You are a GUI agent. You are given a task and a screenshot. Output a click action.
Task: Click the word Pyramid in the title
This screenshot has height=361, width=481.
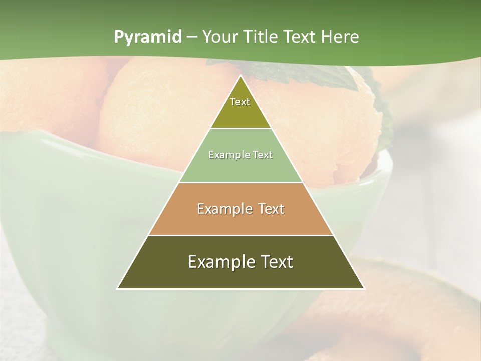click(147, 37)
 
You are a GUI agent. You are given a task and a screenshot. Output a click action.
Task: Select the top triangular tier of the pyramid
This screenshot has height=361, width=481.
click(241, 108)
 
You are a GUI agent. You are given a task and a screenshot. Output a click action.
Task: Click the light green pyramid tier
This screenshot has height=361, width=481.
click(241, 163)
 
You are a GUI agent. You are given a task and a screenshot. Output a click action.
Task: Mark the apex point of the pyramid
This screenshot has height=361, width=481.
click(241, 77)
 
